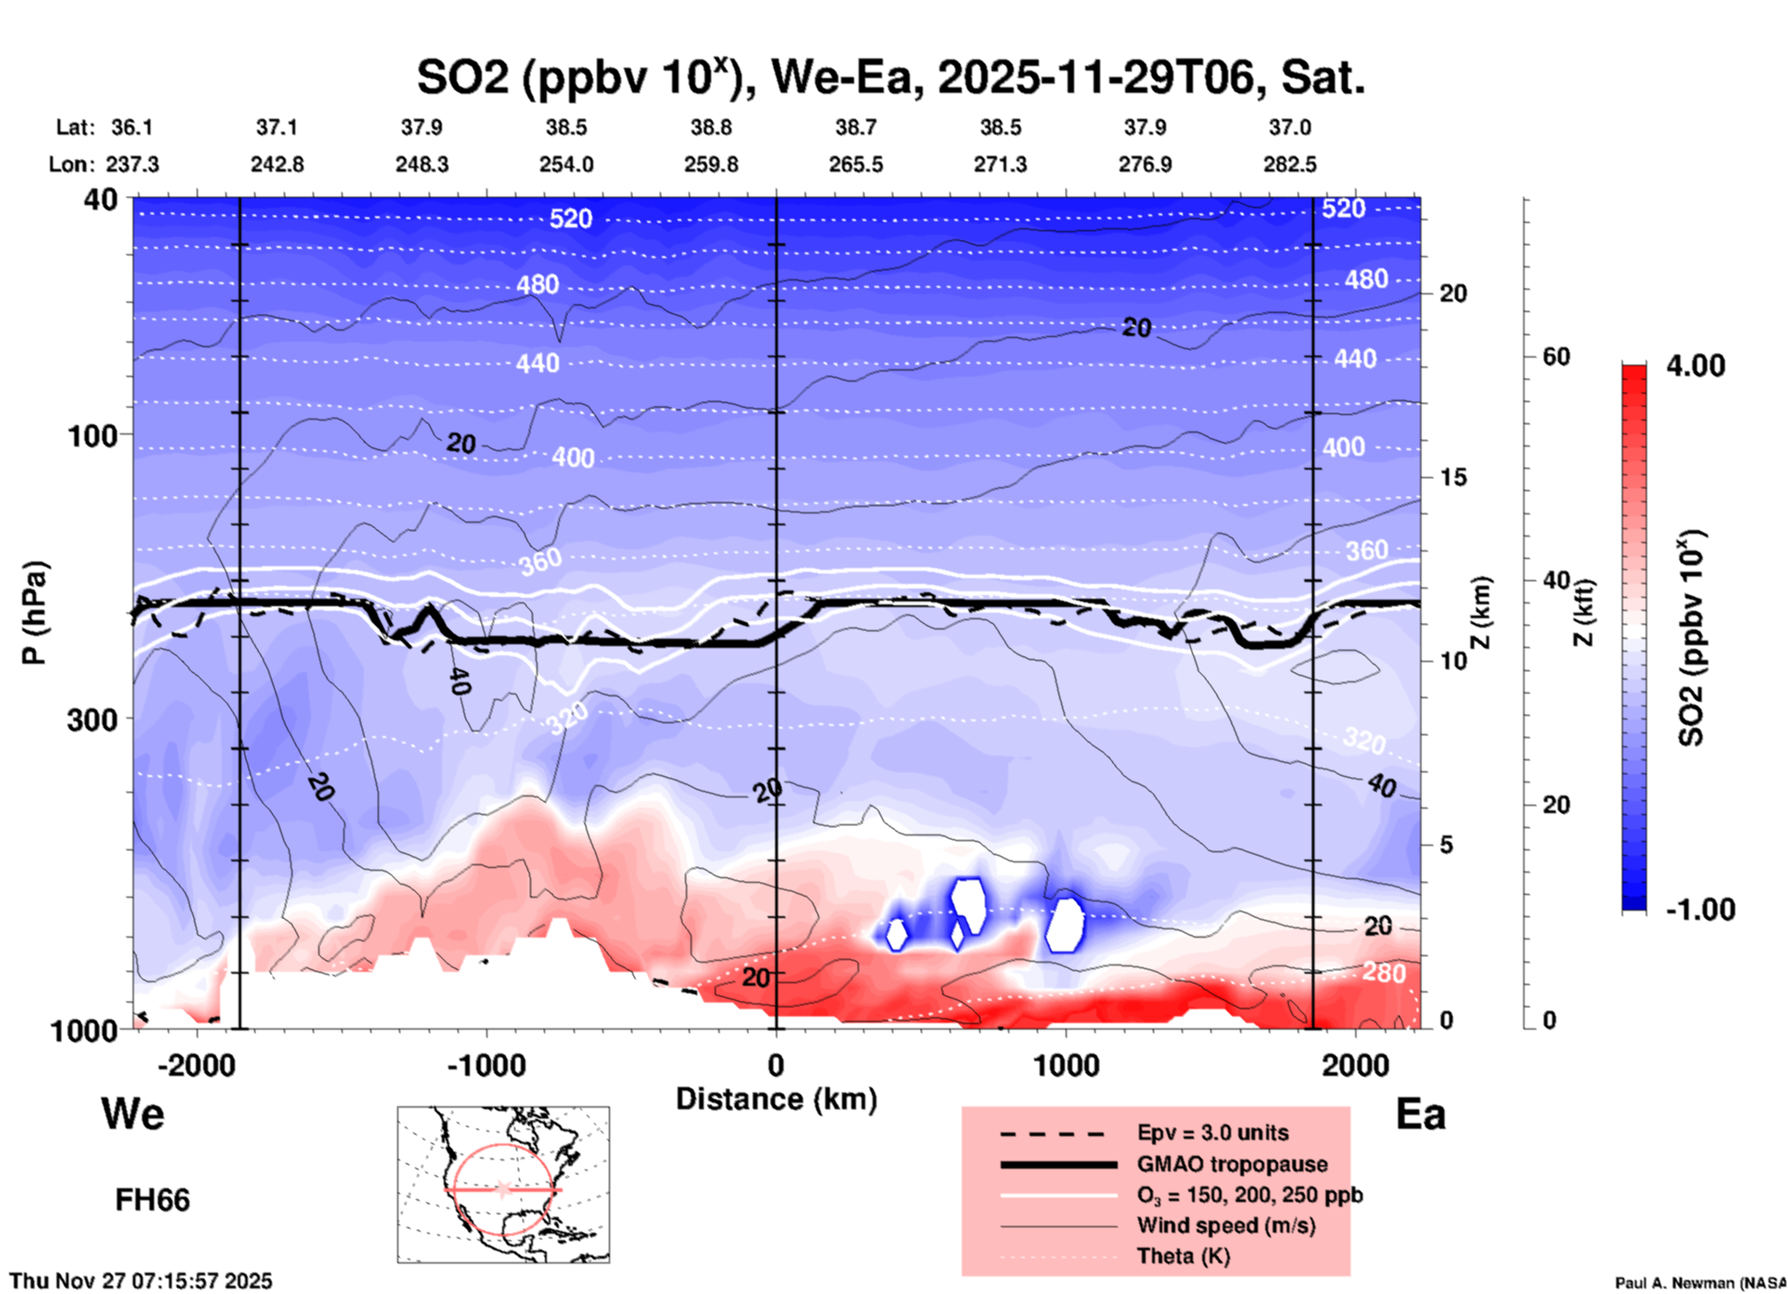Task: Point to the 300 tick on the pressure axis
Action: (93, 719)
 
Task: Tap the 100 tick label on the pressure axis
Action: (93, 435)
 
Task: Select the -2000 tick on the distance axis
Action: (196, 1065)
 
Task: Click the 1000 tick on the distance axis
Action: (1066, 1065)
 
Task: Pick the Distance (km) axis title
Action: (776, 1099)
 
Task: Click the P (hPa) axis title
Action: (34, 613)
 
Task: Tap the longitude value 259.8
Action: (711, 164)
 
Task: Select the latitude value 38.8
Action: (711, 127)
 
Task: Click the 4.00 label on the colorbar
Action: (1695, 366)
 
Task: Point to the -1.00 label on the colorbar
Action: (1700, 910)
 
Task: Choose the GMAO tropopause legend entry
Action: (1232, 1164)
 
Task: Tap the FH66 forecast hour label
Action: (152, 1200)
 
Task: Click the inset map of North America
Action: (503, 1184)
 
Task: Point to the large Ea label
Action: (1420, 1115)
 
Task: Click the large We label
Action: (133, 1113)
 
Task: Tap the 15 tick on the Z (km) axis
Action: (1452, 477)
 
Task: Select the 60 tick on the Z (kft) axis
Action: (1556, 357)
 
